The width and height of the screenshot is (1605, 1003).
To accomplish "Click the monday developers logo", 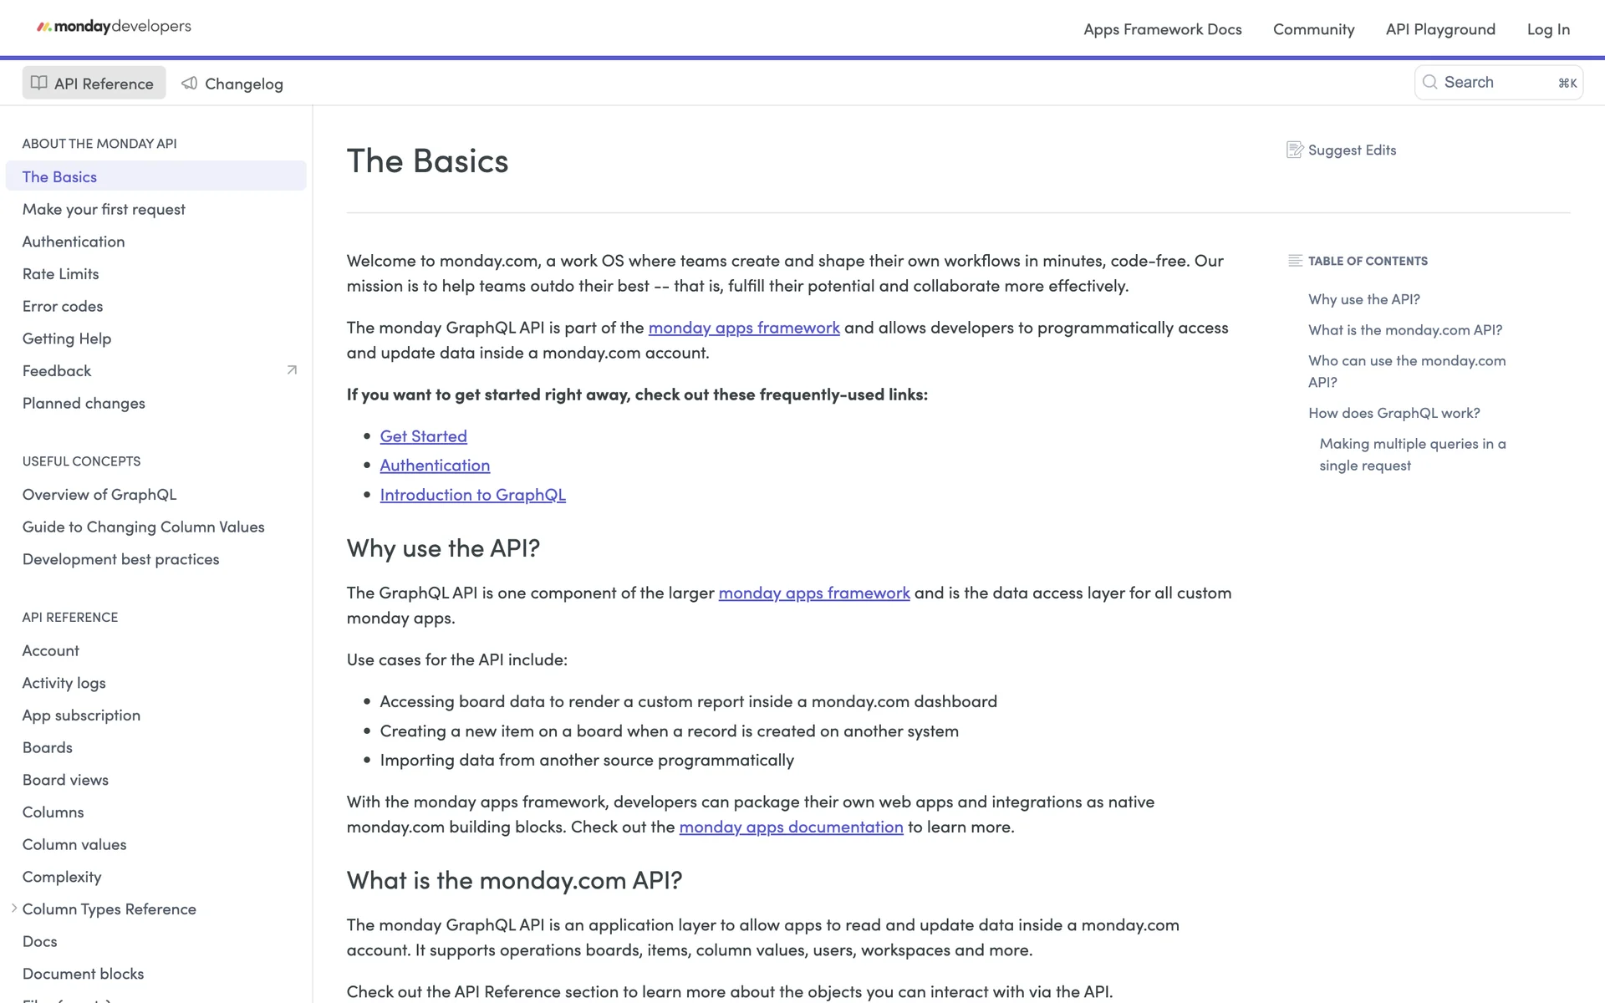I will click(x=114, y=27).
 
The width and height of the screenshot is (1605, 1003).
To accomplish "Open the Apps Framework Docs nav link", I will click(x=1162, y=29).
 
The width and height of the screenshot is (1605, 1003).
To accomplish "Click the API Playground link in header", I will click(x=1439, y=29).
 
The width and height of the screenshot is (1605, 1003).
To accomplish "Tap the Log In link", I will click(x=1547, y=29).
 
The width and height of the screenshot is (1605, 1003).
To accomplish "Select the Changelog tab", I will click(x=232, y=84).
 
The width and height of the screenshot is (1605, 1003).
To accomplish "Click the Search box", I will click(x=1497, y=83).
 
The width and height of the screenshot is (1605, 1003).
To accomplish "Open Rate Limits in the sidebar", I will click(x=60, y=274).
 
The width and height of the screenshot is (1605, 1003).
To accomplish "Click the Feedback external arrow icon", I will click(x=292, y=370).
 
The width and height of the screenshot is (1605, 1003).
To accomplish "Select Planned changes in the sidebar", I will click(x=84, y=404).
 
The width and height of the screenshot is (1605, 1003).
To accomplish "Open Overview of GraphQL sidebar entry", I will click(x=99, y=495).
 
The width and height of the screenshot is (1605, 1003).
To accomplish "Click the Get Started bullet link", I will click(x=423, y=436).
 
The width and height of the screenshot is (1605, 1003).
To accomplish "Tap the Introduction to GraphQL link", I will click(x=472, y=495).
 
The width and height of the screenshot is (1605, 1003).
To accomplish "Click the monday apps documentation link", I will click(x=791, y=827).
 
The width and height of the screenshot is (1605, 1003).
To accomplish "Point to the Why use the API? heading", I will click(x=443, y=548).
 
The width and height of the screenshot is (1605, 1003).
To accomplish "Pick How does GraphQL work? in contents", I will click(x=1394, y=413).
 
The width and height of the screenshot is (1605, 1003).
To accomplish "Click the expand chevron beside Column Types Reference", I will click(x=14, y=909).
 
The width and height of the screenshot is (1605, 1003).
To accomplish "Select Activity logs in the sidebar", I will click(x=64, y=683).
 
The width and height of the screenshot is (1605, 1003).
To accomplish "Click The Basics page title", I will click(x=427, y=161).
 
